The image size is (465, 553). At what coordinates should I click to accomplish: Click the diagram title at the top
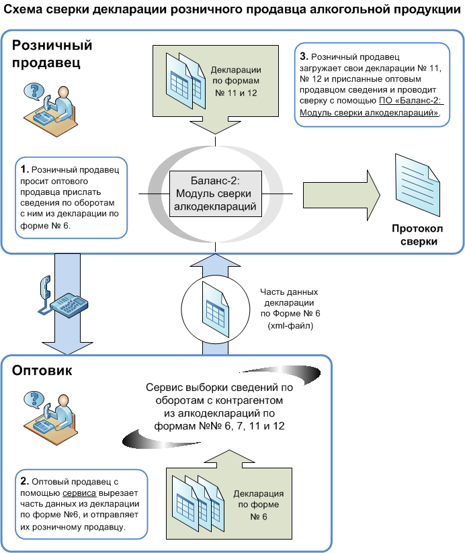pos(232,9)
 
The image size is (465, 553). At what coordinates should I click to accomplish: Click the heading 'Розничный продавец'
pos(52,54)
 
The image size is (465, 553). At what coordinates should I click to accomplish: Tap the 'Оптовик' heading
pos(42,370)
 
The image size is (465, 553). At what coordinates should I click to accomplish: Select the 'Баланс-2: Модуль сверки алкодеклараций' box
pos(215,194)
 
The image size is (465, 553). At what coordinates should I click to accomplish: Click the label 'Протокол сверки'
pos(418,235)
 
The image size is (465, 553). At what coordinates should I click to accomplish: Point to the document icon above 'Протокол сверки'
pos(417,185)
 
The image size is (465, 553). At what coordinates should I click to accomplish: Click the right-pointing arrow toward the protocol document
pos(341,195)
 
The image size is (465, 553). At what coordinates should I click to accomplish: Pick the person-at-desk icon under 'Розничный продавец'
pos(50,110)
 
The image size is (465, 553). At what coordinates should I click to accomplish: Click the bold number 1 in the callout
pos(24,169)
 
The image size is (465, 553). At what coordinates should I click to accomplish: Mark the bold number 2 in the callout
pos(24,481)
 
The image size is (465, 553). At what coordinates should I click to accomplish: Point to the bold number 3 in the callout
pos(304,56)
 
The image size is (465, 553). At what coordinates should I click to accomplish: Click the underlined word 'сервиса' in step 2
pos(79,493)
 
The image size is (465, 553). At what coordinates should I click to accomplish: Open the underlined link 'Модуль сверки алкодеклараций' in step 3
pos(369,112)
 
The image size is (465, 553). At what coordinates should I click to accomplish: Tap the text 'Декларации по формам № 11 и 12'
pos(236,81)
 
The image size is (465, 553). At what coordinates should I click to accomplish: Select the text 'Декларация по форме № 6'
pos(259,505)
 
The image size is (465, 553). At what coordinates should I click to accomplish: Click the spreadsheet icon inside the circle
pos(215,310)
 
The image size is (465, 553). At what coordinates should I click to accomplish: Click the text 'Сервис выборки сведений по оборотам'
pos(219,394)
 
